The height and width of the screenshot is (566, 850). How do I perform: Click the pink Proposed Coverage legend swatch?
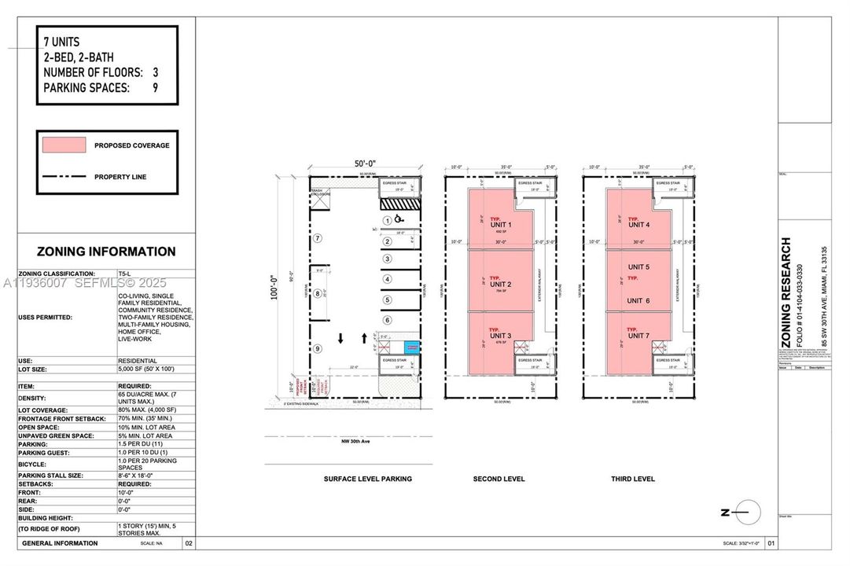coord(61,145)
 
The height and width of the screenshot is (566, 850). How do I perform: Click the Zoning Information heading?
coord(106,252)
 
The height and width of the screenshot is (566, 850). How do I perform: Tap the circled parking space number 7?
coord(318,237)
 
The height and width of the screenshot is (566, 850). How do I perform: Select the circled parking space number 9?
coord(318,348)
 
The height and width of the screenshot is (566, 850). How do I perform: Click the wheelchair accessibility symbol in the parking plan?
coord(399,219)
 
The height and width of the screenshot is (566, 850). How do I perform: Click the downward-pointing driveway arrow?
coord(340,339)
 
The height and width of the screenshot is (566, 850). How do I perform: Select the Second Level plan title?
coord(499,479)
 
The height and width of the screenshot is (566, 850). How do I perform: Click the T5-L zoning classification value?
coord(123,274)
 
